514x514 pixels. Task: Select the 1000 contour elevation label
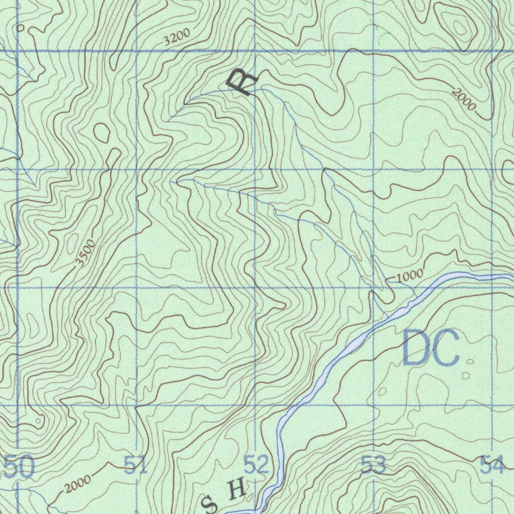tap(410, 276)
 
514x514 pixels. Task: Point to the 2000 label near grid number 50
tap(78, 484)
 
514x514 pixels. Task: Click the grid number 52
tap(256, 465)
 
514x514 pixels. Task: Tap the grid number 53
tap(373, 465)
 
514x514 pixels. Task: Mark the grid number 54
tap(491, 465)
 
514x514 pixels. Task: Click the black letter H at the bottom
tap(236, 488)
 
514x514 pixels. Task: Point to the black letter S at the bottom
tap(209, 503)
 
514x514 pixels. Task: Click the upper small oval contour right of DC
tap(470, 361)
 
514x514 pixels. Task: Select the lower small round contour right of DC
tap(466, 375)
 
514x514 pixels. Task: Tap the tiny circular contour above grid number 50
tap(38, 421)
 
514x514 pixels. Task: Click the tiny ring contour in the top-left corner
tap(20, 28)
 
